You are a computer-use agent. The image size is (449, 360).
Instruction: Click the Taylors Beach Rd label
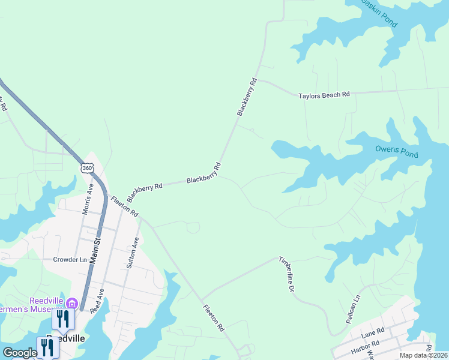tap(324, 95)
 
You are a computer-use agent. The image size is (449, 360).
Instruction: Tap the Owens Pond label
tap(396, 151)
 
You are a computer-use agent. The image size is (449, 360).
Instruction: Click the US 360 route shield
tap(88, 168)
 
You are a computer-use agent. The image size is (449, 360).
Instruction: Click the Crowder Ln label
tap(70, 260)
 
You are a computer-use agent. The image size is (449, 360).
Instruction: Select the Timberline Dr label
tap(287, 274)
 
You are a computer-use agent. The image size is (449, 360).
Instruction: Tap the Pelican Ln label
tap(354, 309)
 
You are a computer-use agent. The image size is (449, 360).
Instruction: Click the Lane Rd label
tap(372, 332)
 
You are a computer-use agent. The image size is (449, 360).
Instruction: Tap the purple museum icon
tap(72, 303)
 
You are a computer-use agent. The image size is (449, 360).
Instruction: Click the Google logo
tap(20, 353)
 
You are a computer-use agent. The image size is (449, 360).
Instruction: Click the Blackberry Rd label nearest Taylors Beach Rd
tap(247, 97)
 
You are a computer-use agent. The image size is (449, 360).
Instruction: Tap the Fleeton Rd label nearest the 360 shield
tap(124, 206)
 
